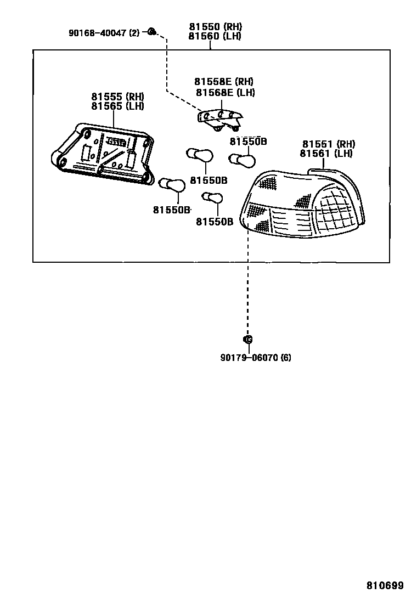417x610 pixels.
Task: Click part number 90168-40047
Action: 98,33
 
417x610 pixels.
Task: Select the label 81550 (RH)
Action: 215,27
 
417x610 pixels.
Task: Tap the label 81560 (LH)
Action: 215,36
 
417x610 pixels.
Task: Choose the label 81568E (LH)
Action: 225,93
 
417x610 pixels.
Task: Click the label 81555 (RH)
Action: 117,97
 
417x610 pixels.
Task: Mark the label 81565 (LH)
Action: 117,106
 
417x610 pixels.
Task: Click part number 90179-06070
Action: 249,358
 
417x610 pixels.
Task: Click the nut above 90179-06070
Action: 247,340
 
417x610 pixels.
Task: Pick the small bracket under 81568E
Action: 220,119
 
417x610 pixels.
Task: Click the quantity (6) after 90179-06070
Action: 286,358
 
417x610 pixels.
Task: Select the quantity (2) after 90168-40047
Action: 134,33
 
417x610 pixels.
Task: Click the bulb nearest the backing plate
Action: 172,185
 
